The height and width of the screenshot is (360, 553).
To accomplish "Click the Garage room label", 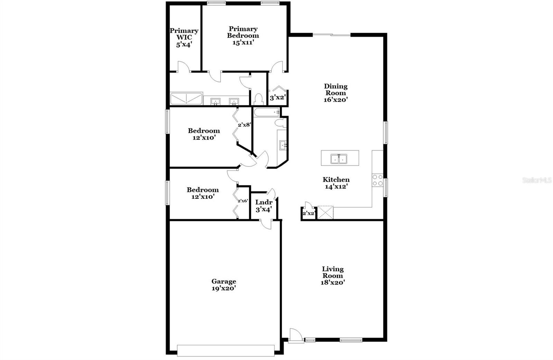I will (224, 285).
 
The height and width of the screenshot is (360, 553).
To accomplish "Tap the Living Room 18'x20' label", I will (333, 275).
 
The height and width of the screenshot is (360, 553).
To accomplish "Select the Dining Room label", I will (336, 93).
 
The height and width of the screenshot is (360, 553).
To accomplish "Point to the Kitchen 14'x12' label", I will (336, 183).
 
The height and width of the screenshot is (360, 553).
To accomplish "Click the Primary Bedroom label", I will (243, 36).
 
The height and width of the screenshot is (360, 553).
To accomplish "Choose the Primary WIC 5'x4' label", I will (184, 37).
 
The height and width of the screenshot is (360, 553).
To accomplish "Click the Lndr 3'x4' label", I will (264, 206).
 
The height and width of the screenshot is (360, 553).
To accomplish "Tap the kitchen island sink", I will (339, 159).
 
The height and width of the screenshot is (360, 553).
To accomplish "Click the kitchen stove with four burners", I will (377, 180).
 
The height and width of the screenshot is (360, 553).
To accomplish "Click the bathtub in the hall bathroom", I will (266, 112).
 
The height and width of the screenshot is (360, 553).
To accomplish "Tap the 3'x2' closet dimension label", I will (277, 98).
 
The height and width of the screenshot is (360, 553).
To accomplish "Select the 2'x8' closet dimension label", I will (244, 125).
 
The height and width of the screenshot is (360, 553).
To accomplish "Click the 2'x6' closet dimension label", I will (243, 201).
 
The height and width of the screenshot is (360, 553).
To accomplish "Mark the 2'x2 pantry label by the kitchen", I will (308, 214).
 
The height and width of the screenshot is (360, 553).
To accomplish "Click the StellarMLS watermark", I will (537, 180).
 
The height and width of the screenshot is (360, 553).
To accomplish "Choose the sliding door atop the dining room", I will (331, 35).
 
